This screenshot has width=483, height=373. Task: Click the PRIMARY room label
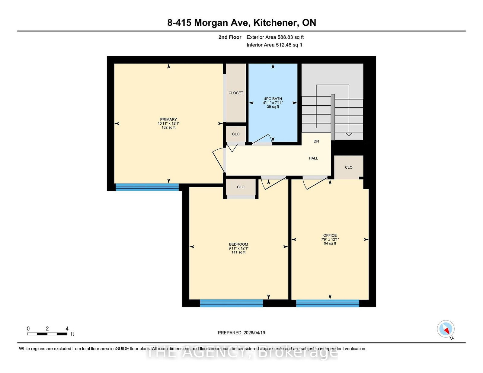click(x=168, y=120)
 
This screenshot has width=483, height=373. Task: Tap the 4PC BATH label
click(x=273, y=99)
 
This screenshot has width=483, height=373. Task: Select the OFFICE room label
click(x=330, y=236)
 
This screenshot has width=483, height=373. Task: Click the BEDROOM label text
click(x=238, y=244)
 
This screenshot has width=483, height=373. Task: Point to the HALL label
click(x=313, y=158)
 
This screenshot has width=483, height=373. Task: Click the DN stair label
click(x=316, y=141)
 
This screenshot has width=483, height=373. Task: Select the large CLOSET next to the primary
click(x=236, y=93)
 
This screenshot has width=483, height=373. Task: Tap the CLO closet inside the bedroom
click(x=241, y=187)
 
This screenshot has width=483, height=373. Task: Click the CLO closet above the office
click(x=349, y=167)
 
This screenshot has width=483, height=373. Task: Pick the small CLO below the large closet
click(x=236, y=134)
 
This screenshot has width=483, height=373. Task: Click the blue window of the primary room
click(x=147, y=187)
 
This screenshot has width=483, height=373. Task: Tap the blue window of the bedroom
click(x=231, y=303)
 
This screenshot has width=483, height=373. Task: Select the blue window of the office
click(x=328, y=303)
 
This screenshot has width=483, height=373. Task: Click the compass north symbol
click(x=446, y=329)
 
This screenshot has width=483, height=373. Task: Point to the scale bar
click(x=47, y=334)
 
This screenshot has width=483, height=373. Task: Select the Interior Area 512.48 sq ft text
click(x=274, y=45)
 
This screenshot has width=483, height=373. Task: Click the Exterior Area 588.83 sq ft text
click(x=275, y=37)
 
